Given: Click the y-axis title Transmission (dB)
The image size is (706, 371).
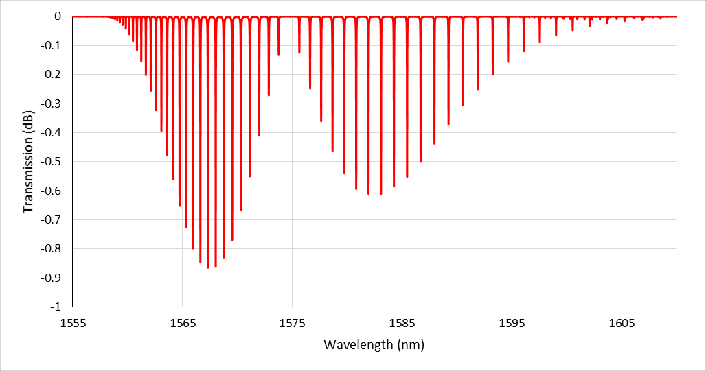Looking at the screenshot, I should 28,162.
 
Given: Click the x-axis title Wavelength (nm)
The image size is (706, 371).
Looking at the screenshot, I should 374,345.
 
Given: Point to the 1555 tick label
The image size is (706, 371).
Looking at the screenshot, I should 72,321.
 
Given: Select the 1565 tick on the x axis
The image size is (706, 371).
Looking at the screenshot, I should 182,321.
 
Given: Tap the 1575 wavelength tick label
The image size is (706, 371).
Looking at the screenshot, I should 292,321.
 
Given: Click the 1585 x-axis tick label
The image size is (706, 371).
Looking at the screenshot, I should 402,321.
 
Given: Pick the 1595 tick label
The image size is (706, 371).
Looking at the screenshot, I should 512,321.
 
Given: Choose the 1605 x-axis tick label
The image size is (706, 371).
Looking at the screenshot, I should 622,321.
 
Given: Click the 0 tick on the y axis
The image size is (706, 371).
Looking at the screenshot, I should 58,16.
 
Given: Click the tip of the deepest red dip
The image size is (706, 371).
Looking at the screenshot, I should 208,267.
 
